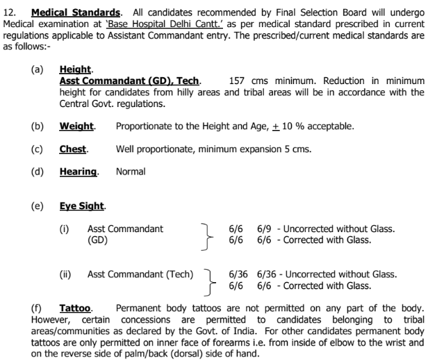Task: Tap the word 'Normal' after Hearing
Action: tap(131, 171)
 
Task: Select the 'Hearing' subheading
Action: tap(78, 171)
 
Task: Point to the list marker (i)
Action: tap(65, 229)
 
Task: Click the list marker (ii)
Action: tap(66, 275)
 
